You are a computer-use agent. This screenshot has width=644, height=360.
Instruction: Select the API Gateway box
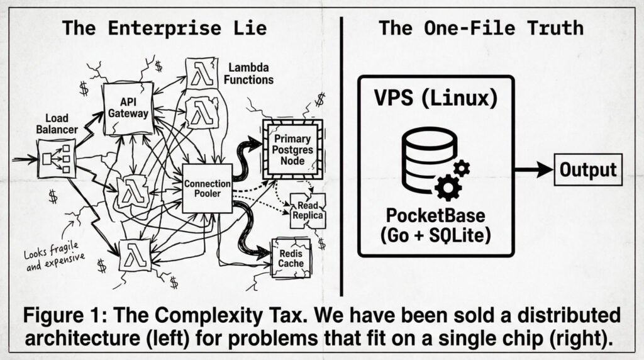coord(128,108)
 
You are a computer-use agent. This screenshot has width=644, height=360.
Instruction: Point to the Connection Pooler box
coord(208,188)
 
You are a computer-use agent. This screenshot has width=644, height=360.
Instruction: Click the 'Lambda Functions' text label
coord(250,73)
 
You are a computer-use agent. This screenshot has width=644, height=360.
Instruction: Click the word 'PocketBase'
coord(436,216)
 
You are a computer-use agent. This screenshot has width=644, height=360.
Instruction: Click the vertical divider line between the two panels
coord(341,157)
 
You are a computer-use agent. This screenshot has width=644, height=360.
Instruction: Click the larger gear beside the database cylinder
coord(448,186)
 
